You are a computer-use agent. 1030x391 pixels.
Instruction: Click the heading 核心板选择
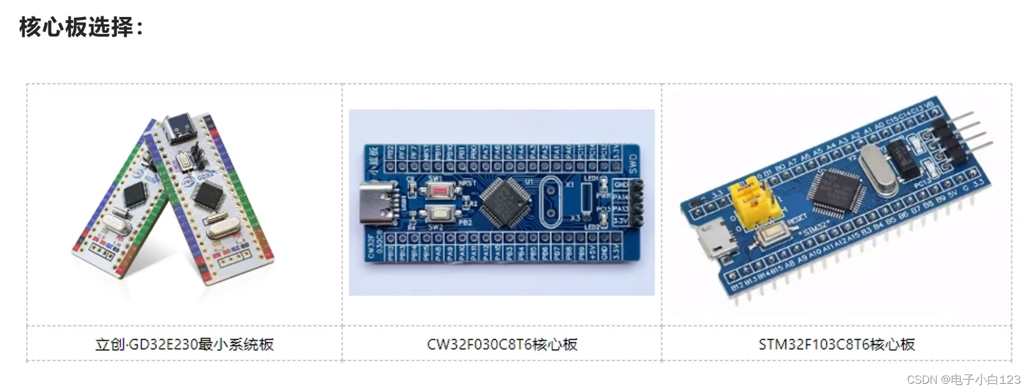pyautogui.click(x=81, y=27)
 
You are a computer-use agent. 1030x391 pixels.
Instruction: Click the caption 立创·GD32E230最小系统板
pyautogui.click(x=184, y=344)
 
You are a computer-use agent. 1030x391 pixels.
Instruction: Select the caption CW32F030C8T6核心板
pyautogui.click(x=502, y=344)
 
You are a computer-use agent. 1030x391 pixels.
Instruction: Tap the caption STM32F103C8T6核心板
pyautogui.click(x=836, y=344)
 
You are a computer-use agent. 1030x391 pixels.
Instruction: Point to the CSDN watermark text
pyautogui.click(x=963, y=379)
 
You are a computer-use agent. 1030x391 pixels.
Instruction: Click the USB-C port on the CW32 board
pyautogui.click(x=377, y=203)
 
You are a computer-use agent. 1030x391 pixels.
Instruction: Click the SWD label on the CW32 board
pyautogui.click(x=633, y=162)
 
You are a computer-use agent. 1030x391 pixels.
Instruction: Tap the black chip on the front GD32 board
pyautogui.click(x=208, y=195)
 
